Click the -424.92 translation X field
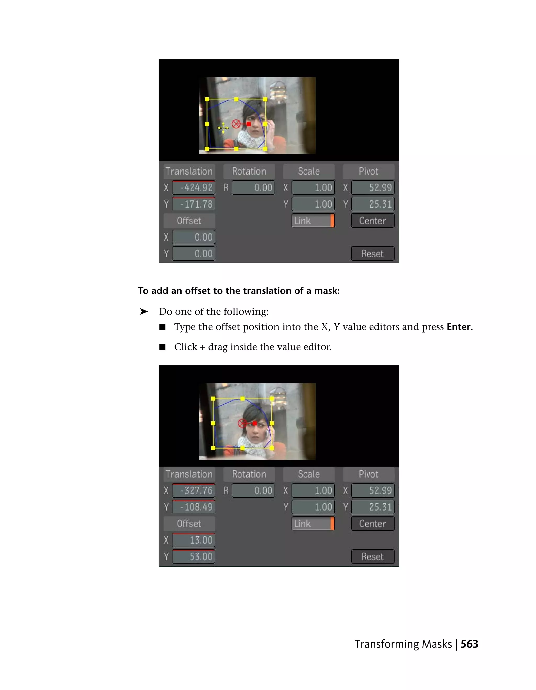tap(194, 188)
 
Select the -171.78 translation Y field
tap(194, 204)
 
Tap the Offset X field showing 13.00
tap(194, 540)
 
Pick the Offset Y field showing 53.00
tap(194, 556)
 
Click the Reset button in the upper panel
tap(373, 254)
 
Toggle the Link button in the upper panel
tap(313, 220)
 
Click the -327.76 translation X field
tap(194, 490)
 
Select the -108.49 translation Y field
tap(194, 507)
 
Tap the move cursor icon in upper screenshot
tap(223, 128)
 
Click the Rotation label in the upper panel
tap(249, 171)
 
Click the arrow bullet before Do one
tap(144, 312)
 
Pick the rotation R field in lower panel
tap(253, 490)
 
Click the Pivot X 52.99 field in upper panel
tap(373, 188)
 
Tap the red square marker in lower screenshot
tap(255, 423)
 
